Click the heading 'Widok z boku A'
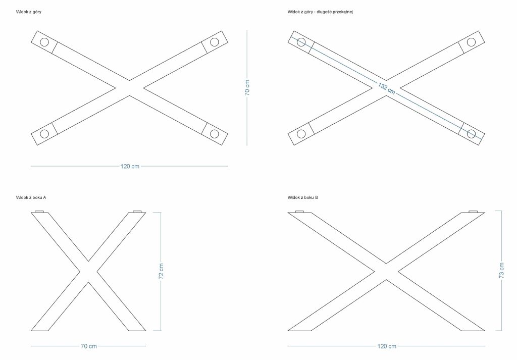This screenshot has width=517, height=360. click(31, 197)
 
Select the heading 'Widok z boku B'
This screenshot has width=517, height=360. click(303, 197)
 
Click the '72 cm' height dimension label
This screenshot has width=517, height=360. click(161, 271)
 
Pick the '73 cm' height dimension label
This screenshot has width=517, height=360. click(501, 271)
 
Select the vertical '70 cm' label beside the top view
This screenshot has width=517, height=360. click(247, 88)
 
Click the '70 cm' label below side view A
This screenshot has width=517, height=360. click(89, 346)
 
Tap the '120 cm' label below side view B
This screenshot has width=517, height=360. click(387, 346)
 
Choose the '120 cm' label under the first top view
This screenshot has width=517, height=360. click(130, 166)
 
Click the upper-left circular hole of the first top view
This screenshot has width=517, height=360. click(44, 42)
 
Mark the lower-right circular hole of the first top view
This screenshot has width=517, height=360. click(215, 134)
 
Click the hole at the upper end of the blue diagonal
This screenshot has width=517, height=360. click(301, 42)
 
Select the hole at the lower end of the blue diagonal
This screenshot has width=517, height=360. click(472, 134)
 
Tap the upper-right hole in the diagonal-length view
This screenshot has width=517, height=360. click(472, 42)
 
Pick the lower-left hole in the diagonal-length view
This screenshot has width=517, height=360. click(301, 134)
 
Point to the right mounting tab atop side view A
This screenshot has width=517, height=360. click(137, 211)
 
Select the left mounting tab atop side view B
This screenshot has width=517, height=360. click(299, 211)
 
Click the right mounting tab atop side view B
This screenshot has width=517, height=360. click(473, 211)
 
